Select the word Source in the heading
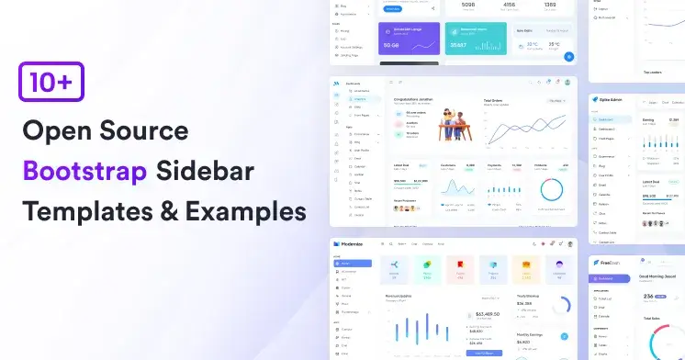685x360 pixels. click(148, 130)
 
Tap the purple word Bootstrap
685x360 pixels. click(83, 171)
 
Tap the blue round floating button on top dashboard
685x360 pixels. click(568, 56)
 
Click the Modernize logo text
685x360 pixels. click(354, 245)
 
